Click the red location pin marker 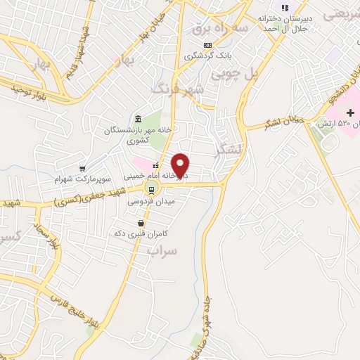point(181,165)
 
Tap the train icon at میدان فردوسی point(151,188)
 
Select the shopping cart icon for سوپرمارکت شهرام point(83,169)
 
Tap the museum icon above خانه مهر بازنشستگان point(137,120)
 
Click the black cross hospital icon point(351,112)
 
